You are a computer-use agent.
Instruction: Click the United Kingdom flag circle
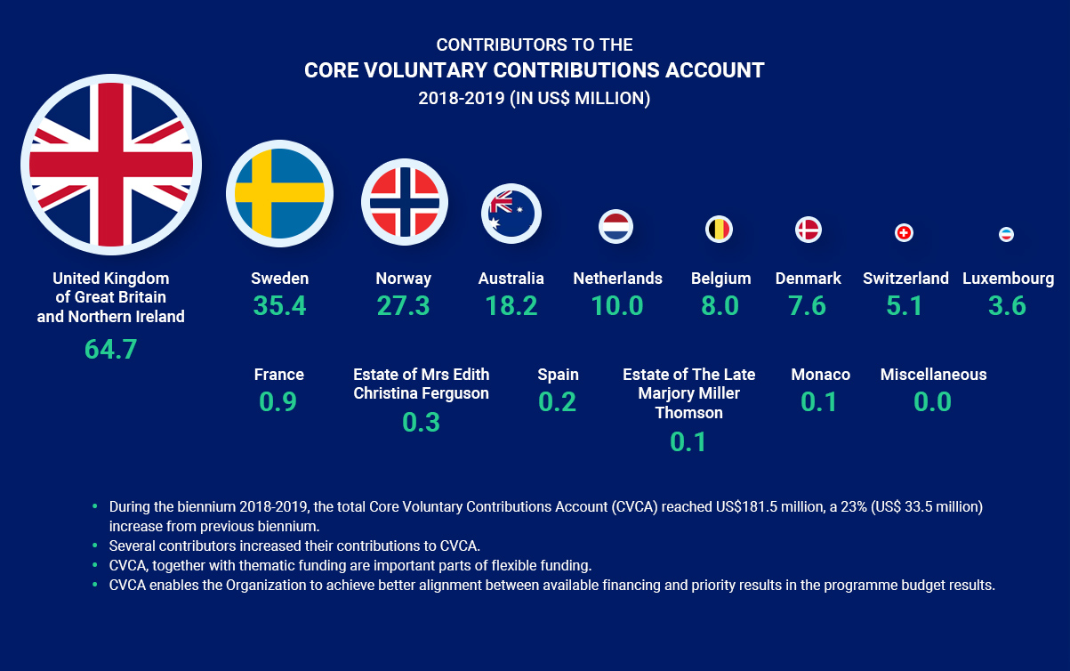111,165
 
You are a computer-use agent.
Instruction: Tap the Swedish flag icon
279,194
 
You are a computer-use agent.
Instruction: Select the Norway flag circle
405,201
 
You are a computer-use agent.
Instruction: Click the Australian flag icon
511,214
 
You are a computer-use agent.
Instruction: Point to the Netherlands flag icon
615,226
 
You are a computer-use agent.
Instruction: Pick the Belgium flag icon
720,230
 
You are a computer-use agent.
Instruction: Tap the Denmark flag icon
808,230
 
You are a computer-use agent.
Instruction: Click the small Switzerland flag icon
904,233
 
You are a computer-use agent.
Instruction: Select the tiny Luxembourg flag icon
1007,234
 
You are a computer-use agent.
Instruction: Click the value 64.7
111,349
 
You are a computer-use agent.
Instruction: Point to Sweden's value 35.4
279,305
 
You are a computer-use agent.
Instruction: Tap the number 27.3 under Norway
403,305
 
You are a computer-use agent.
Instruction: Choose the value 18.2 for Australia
511,305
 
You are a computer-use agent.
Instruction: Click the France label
278,375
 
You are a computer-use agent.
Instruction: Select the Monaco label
820,375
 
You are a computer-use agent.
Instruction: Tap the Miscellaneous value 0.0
933,401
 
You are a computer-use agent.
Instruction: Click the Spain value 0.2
558,401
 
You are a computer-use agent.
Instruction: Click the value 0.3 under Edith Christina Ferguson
421,421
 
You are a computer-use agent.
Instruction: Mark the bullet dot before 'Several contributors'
94,546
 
